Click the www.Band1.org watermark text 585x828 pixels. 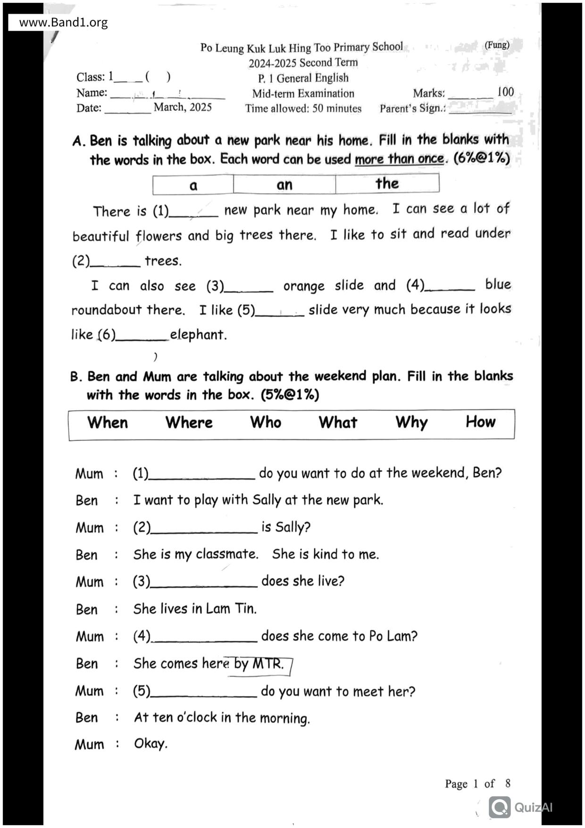63,22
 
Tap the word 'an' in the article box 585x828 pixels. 284,185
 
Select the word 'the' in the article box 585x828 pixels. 387,183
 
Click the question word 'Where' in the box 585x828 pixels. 189,422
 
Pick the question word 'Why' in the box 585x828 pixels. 411,422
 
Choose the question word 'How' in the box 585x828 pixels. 480,422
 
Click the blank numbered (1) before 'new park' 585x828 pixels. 194,212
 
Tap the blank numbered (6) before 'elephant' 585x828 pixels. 142,336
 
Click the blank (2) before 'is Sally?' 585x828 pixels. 204,529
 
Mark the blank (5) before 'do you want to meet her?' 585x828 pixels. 204,693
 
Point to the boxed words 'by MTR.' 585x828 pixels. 259,664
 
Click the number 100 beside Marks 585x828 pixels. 505,92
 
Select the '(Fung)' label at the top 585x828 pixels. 497,45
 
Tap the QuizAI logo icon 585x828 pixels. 500,807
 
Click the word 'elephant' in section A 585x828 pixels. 198,335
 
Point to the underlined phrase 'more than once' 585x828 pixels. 399,159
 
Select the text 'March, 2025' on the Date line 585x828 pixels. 183,107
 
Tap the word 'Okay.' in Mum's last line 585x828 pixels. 150,744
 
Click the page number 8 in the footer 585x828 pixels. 508,784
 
